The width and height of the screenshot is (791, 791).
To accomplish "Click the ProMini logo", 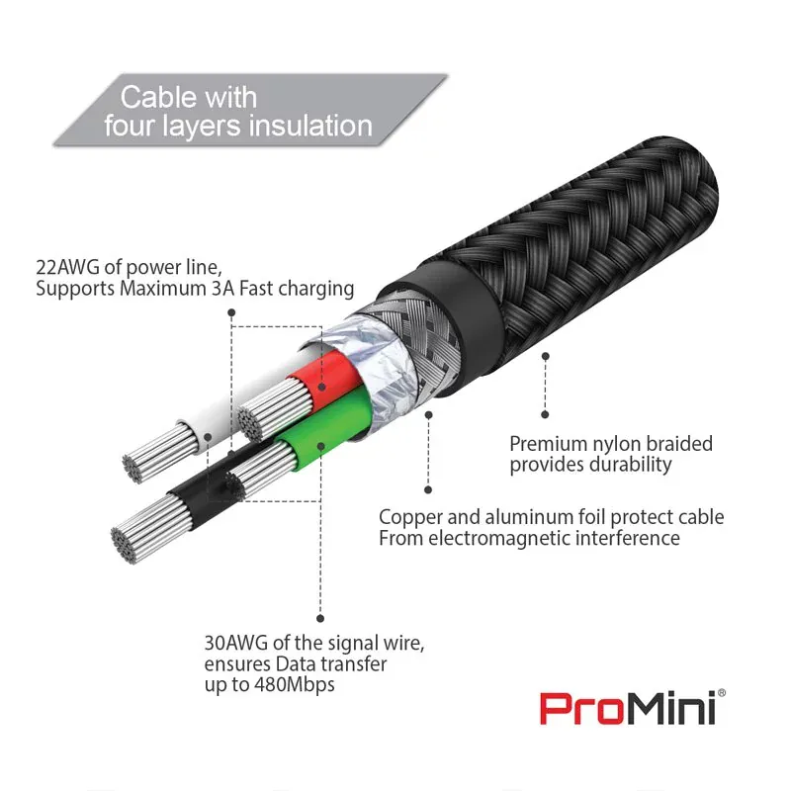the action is click(633, 708).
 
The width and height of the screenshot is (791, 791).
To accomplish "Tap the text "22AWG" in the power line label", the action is click(67, 267).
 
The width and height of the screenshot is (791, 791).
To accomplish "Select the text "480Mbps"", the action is click(295, 684).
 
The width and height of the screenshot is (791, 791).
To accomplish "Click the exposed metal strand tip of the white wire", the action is click(132, 468).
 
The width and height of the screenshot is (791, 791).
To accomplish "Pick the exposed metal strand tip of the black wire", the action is click(125, 545).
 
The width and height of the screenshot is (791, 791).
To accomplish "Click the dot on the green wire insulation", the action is click(320, 447).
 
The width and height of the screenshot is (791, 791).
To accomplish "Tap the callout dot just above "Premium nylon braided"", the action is click(545, 414).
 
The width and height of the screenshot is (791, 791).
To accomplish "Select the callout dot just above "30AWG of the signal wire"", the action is click(320, 619).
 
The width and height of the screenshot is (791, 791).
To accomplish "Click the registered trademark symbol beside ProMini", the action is click(722, 693).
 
